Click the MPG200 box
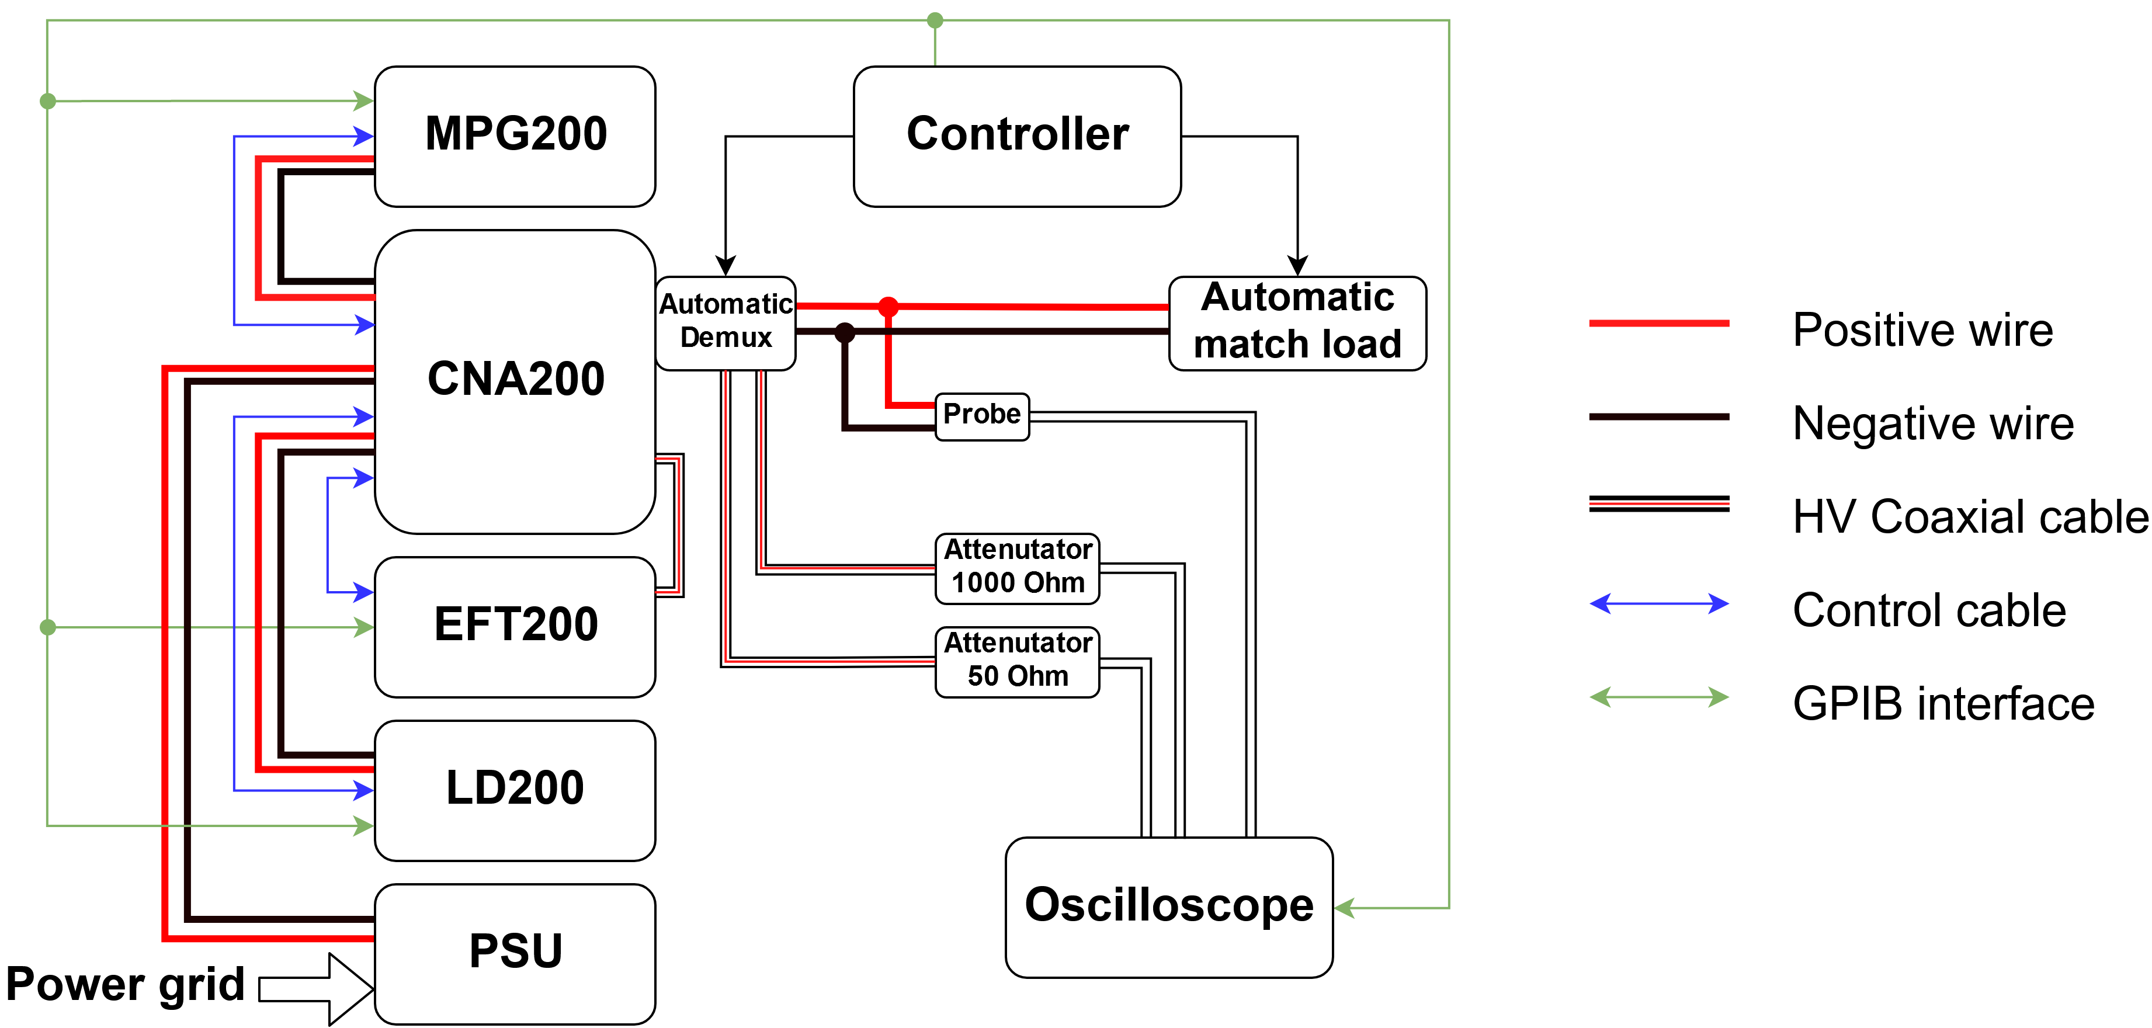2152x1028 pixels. click(x=515, y=136)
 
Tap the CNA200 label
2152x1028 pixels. click(x=515, y=378)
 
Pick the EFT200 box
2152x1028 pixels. click(x=515, y=626)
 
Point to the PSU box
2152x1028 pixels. click(x=515, y=953)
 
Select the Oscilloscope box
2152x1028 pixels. click(x=1169, y=907)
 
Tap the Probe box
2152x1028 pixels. click(x=981, y=416)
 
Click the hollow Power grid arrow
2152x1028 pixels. click(x=317, y=989)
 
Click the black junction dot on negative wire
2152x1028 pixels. click(x=845, y=332)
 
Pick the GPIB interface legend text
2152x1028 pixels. click(x=1943, y=703)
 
